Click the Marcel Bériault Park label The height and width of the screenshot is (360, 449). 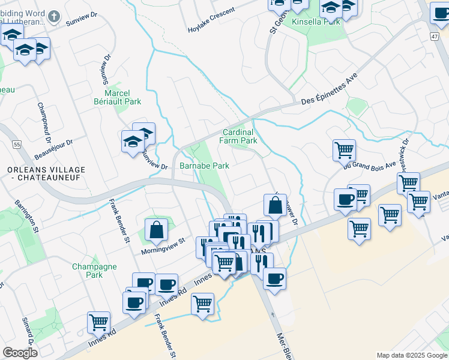(122, 97)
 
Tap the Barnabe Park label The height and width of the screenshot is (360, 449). (204, 166)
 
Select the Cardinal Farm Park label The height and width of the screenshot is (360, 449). (240, 136)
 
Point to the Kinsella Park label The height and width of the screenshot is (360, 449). (316, 22)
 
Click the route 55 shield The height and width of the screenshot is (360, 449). (16, 145)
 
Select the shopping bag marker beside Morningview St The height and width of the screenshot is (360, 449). (156, 229)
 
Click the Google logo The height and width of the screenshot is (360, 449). (20, 353)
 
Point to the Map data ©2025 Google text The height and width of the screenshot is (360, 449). (411, 355)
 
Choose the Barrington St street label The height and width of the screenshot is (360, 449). (27, 217)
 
